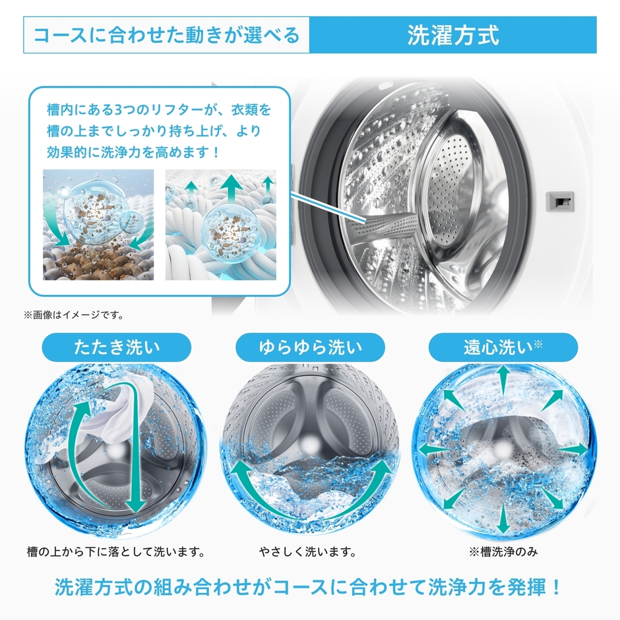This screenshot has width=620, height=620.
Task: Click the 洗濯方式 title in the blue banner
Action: pyautogui.click(x=452, y=35)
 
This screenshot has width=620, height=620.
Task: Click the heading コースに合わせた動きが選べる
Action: pyautogui.click(x=166, y=35)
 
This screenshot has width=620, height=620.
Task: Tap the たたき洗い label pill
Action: pyautogui.click(x=116, y=347)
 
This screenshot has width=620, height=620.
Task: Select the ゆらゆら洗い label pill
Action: pyautogui.click(x=309, y=347)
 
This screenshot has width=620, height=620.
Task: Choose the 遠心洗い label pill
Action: pyautogui.click(x=503, y=347)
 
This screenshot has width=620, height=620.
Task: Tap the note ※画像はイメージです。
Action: pyautogui.click(x=74, y=315)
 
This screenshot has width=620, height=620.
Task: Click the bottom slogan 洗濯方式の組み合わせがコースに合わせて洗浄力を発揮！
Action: pyautogui.click(x=309, y=586)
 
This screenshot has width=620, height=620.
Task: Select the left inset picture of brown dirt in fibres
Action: pyautogui.click(x=98, y=225)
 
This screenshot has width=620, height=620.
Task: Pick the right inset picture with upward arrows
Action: pyautogui.click(x=221, y=225)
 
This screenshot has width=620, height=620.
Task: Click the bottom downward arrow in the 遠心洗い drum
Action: pyautogui.click(x=503, y=517)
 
